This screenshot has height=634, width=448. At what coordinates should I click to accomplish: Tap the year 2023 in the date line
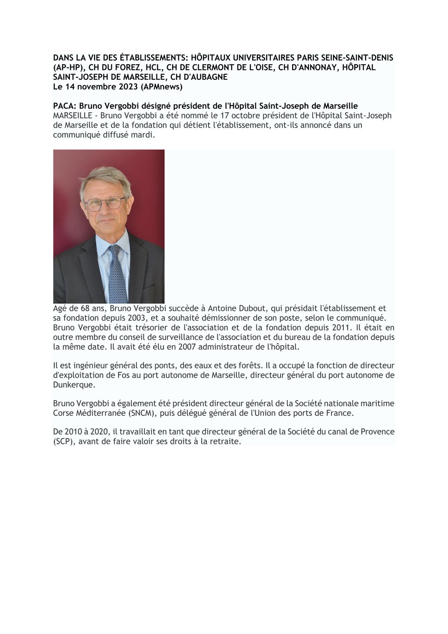129,87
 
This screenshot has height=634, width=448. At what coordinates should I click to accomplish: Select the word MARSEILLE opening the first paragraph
73,116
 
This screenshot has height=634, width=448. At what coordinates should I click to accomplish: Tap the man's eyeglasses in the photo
104,203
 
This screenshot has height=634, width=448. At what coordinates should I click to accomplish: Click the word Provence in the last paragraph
377,432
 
